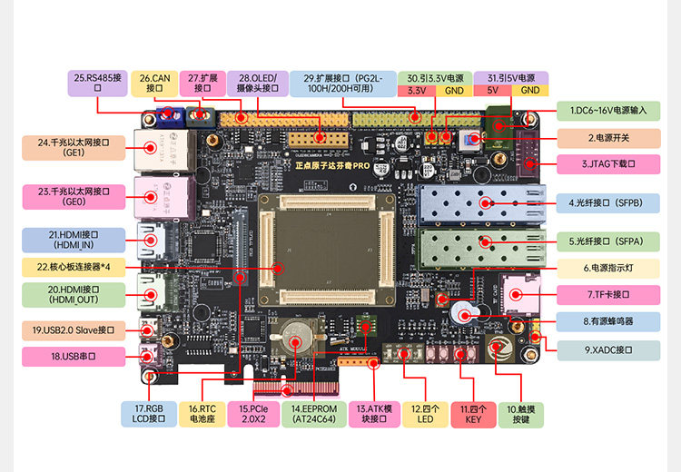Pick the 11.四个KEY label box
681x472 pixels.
[x=473, y=414]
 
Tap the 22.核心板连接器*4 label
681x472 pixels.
[x=74, y=267]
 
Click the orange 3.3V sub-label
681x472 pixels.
[x=418, y=91]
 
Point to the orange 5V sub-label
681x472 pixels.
[x=493, y=91]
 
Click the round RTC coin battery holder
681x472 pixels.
[x=297, y=341]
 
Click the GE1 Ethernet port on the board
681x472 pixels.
[x=149, y=148]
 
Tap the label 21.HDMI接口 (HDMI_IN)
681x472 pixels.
[x=74, y=240]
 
